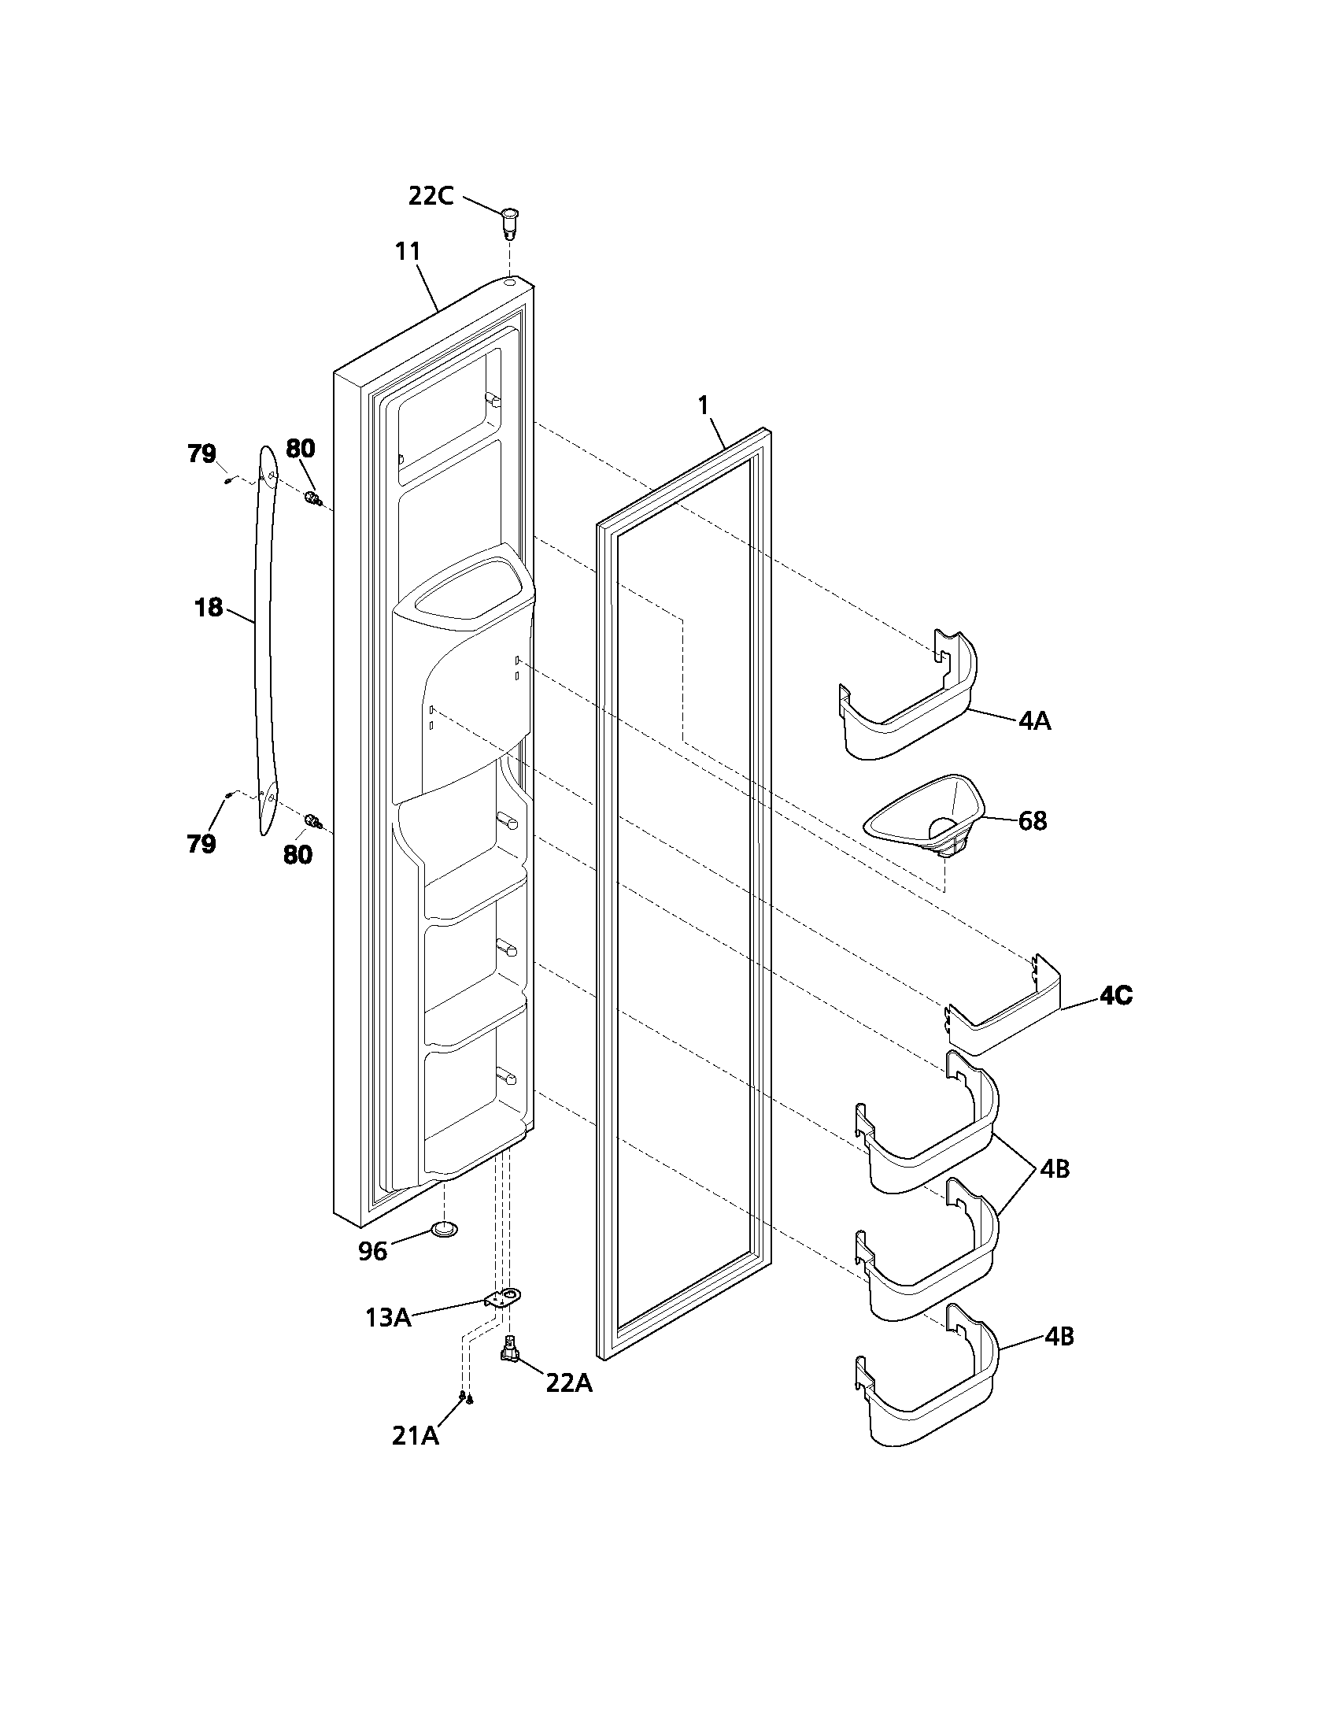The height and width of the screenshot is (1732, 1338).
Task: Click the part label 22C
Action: pyautogui.click(x=431, y=195)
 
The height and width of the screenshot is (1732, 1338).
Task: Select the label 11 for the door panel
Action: pyautogui.click(x=408, y=251)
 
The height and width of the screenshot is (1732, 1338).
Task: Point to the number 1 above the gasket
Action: pyautogui.click(x=702, y=405)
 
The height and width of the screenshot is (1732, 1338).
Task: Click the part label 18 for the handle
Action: pyautogui.click(x=208, y=608)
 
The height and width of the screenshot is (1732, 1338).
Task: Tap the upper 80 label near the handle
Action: pyautogui.click(x=301, y=449)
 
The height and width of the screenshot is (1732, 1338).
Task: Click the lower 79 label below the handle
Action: pyautogui.click(x=201, y=844)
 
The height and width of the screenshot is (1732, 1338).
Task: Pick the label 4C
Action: pyautogui.click(x=1114, y=996)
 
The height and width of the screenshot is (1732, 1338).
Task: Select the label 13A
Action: pyautogui.click(x=387, y=1318)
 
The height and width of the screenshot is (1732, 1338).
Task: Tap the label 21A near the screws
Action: pyautogui.click(x=416, y=1436)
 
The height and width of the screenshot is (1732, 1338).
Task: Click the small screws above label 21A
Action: pyautogui.click(x=465, y=1398)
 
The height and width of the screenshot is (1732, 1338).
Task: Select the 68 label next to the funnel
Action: pyautogui.click(x=1032, y=821)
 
